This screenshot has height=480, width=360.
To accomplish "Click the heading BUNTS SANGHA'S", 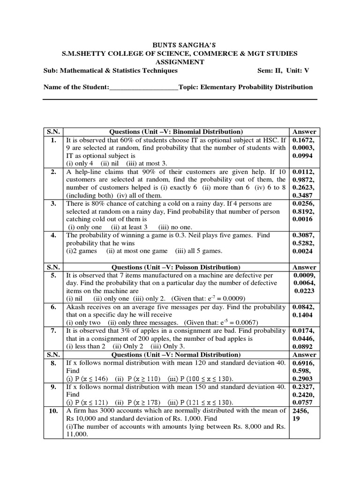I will tap(180, 45).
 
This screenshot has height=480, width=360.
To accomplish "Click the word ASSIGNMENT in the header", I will tap(180, 62).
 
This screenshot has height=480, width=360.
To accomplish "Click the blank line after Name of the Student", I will tap(144, 87).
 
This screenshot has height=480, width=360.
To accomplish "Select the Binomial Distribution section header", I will tap(176, 132).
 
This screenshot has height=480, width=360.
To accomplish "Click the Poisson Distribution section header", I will tap(176, 267).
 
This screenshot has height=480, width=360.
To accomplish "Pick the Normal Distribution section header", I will tap(176, 355).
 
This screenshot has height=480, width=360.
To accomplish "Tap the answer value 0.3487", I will tap(302, 195).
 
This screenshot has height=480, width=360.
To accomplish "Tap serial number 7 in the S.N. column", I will tap(53, 331).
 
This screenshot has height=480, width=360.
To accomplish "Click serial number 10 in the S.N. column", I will tap(53, 411).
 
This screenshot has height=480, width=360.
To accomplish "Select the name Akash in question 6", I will tap(75, 307).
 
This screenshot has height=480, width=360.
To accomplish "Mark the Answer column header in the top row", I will tap(304, 132).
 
